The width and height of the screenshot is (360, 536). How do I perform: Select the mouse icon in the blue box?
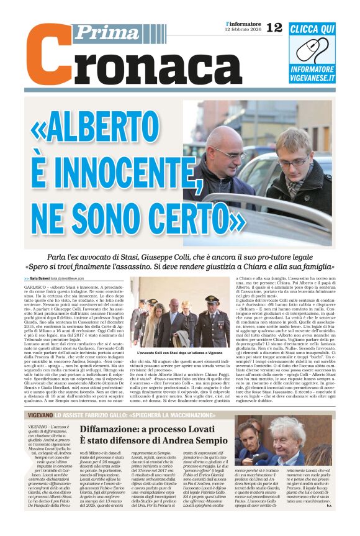tap(312, 50)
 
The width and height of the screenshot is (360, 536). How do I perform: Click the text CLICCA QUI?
tap(312, 29)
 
